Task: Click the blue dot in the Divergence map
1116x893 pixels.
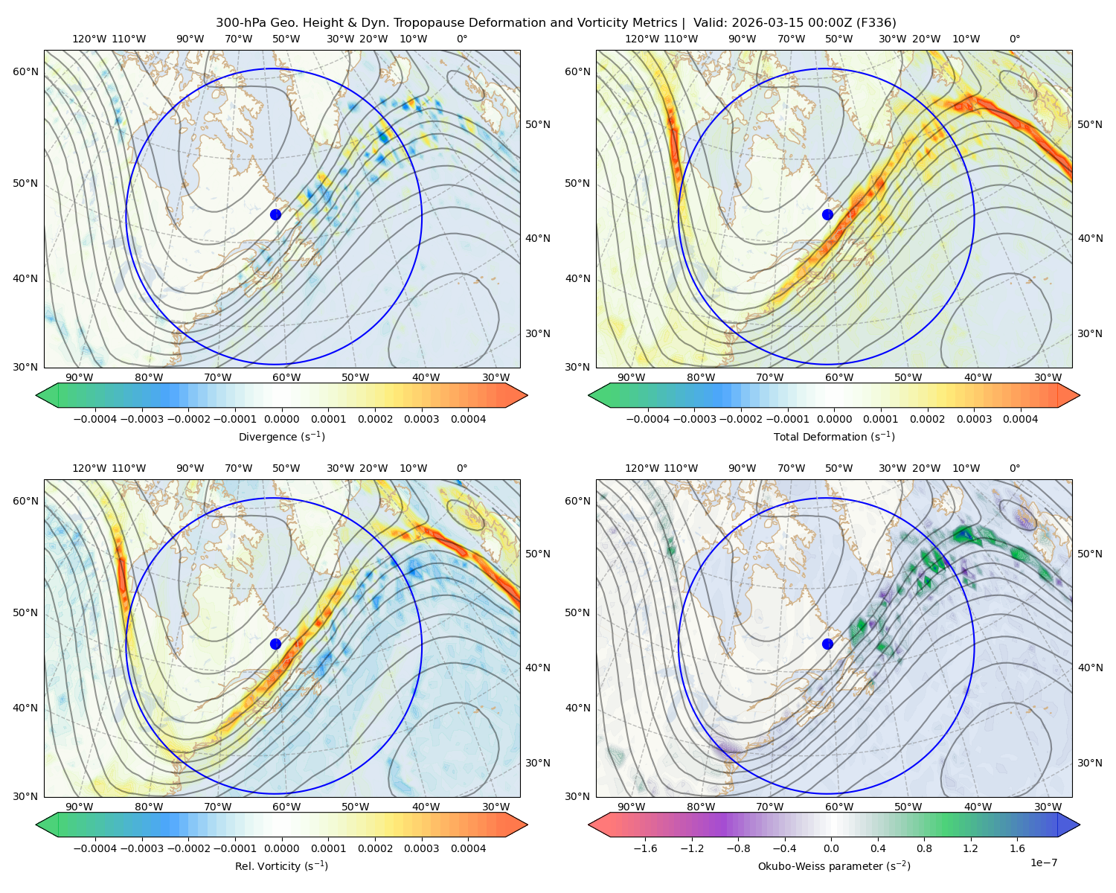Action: point(275,214)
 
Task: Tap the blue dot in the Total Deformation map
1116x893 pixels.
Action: point(827,214)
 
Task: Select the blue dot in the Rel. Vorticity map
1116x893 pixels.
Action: point(275,644)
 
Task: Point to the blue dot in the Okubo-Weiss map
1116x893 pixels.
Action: point(827,644)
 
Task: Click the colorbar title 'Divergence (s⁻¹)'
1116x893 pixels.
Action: point(281,436)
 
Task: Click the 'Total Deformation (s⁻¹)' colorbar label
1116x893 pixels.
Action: point(834,436)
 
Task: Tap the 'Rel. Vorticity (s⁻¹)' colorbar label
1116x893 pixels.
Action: point(281,866)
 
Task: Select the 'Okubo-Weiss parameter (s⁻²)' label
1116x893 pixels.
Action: point(834,866)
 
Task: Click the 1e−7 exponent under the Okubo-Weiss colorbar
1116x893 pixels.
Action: point(1043,862)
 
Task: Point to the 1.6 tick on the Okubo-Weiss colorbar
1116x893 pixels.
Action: point(1018,848)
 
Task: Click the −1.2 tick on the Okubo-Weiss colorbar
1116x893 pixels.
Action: point(692,848)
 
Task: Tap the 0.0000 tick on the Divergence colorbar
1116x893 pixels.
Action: point(281,419)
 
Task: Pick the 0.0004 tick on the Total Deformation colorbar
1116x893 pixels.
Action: point(1021,419)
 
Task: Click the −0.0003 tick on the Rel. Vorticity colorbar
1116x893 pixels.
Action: point(141,848)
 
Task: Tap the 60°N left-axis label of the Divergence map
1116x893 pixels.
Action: point(25,71)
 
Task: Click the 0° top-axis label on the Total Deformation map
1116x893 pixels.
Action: point(1014,39)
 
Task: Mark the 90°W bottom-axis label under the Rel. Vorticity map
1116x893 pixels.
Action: point(80,807)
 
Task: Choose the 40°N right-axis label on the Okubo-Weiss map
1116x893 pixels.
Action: point(1090,668)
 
